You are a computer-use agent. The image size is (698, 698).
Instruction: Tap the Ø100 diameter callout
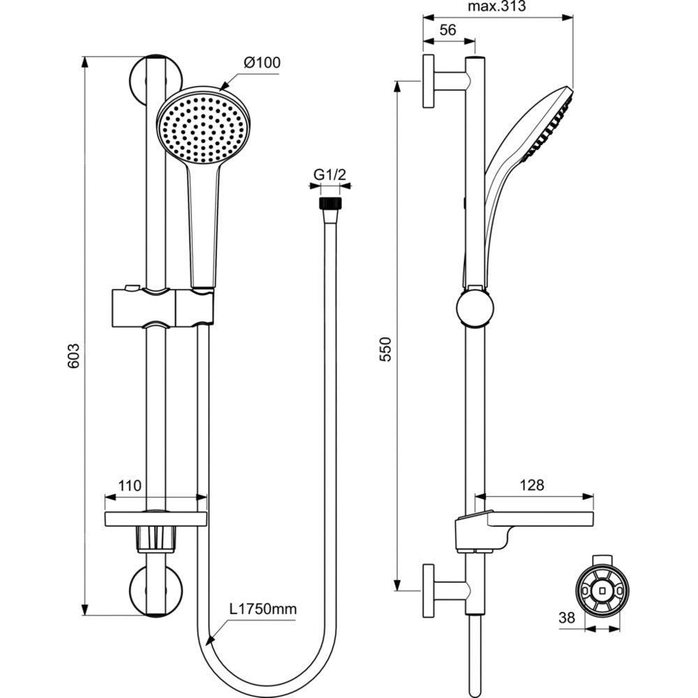(x=262, y=63)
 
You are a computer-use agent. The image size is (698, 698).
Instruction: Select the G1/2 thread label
(x=329, y=175)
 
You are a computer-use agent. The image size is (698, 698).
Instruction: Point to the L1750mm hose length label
(x=263, y=609)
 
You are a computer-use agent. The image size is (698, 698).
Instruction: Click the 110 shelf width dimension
(x=130, y=485)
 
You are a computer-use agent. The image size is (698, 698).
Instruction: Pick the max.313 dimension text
(x=496, y=7)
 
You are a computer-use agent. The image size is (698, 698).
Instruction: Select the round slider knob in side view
(x=475, y=309)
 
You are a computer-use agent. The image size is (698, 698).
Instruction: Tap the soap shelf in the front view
(x=156, y=519)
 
